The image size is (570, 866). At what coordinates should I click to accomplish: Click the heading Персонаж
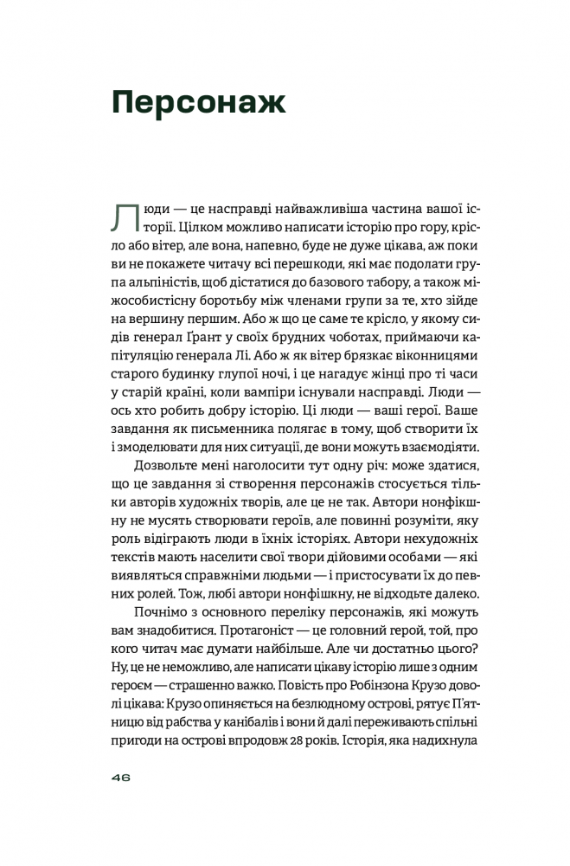198,103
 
